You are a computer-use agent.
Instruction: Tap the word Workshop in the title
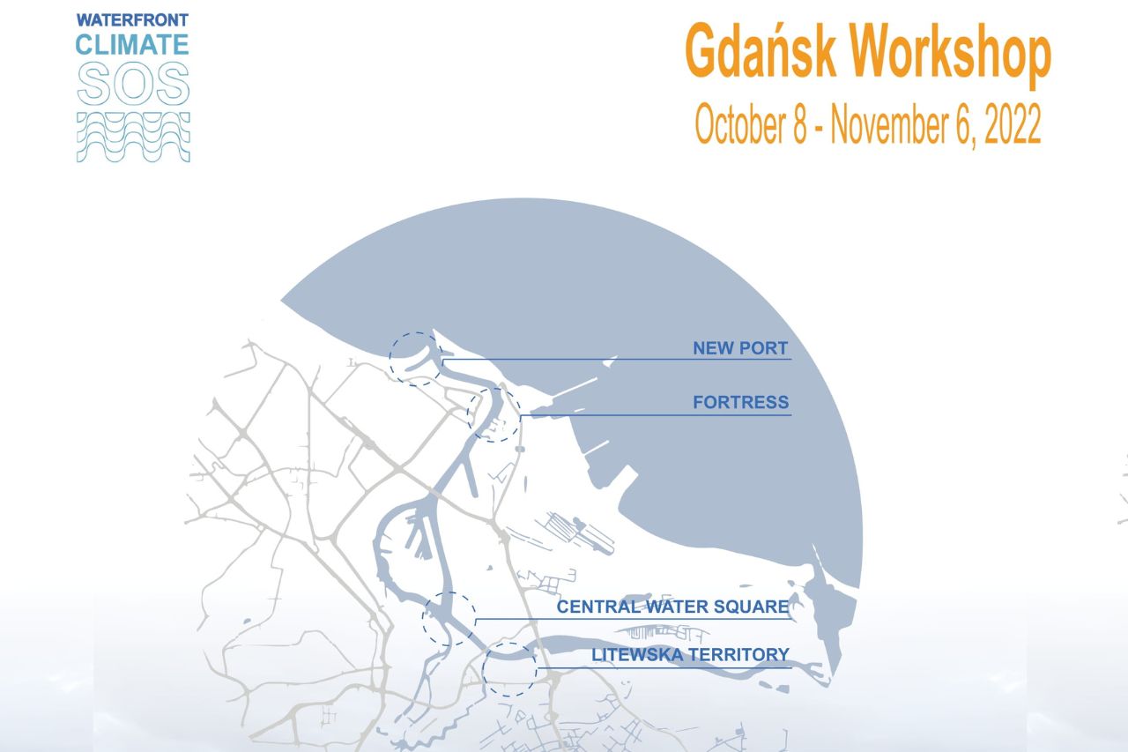953,55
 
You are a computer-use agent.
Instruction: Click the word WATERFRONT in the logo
133,19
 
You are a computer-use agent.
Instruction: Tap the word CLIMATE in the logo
133,43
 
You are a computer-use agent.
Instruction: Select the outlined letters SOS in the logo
133,84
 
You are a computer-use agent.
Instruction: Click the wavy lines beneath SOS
133,137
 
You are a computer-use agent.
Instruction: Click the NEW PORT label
740,348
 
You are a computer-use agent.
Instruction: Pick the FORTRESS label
740,403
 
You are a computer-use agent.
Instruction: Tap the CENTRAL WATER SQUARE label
672,607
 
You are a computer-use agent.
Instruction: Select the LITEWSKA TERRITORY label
690,655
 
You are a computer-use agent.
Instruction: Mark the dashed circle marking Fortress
493,414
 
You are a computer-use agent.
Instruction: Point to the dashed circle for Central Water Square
449,619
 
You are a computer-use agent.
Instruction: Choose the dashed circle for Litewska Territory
509,670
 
